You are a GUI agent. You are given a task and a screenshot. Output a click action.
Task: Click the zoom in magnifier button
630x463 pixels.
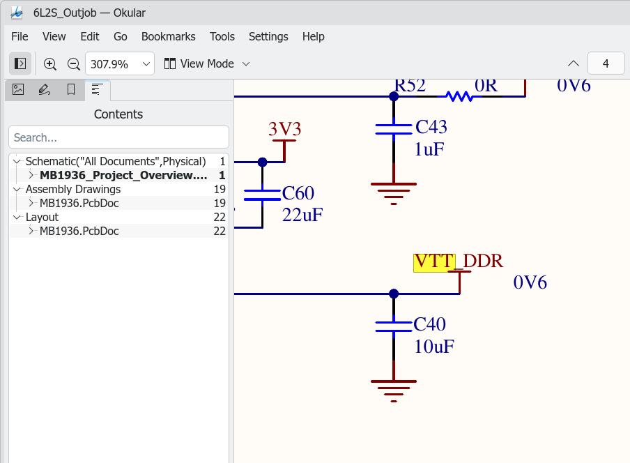[x=49, y=64]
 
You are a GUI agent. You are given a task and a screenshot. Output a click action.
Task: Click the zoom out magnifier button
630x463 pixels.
[x=74, y=64]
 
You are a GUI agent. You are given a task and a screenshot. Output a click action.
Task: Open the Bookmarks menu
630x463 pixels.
[x=169, y=36]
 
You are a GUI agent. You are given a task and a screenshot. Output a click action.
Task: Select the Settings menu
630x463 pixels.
[x=268, y=36]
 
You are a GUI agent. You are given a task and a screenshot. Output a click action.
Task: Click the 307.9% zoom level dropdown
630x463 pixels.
[x=120, y=64]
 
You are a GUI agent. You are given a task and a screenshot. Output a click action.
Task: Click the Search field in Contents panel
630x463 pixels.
[x=119, y=137]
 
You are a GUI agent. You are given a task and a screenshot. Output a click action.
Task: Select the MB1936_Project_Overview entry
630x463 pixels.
[x=123, y=175]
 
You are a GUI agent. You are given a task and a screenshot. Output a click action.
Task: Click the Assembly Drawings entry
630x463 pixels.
[x=73, y=189]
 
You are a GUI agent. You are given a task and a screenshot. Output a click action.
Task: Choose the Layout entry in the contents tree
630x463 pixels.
[x=42, y=217]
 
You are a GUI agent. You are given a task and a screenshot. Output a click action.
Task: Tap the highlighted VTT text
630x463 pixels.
[x=434, y=262]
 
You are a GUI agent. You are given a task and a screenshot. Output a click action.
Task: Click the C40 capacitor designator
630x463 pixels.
[x=429, y=324]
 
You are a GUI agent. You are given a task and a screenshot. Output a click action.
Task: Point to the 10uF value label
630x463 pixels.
[x=434, y=347]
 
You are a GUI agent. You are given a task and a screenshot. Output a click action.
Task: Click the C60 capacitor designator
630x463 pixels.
[x=298, y=193]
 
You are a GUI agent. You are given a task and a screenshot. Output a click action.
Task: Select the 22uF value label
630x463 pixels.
[x=302, y=215]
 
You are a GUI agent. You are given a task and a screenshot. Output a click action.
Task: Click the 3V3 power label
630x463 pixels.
[x=285, y=129]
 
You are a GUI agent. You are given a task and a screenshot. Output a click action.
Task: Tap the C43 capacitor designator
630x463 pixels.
[x=431, y=127]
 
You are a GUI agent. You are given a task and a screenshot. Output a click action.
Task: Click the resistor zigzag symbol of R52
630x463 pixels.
[x=459, y=96]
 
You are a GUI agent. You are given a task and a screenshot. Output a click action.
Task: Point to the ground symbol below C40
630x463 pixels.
[x=394, y=390]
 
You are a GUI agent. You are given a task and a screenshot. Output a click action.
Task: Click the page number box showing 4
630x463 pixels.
[x=606, y=63]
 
